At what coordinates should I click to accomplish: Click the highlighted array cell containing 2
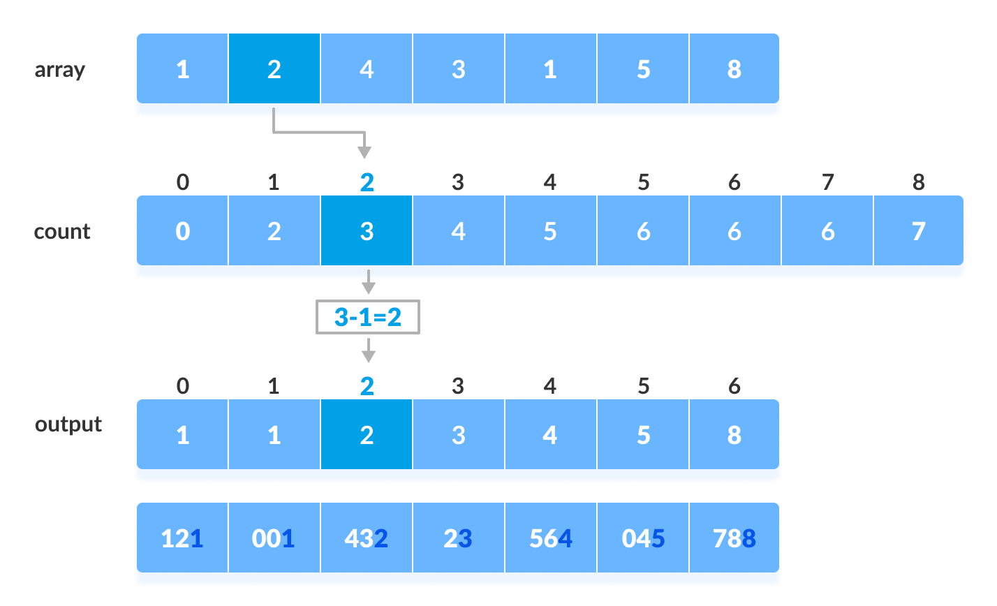pos(274,70)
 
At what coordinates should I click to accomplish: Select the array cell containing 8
pos(734,70)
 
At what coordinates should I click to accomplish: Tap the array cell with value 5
pos(643,70)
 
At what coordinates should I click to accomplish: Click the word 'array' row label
pos(60,70)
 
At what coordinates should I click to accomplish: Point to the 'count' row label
pos(62,232)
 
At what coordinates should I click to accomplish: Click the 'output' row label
pos(68,424)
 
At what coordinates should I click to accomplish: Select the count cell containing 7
pos(919,232)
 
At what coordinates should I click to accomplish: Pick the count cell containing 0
pos(182,232)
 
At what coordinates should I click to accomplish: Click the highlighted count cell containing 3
pos(367,232)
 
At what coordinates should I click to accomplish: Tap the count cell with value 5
pos(550,232)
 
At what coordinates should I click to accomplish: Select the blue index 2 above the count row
pos(367,183)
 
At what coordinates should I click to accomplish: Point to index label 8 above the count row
pos(919,183)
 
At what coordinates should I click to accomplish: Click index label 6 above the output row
pos(734,386)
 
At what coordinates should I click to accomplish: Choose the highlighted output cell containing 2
pos(367,436)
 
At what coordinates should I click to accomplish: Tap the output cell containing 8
pos(734,436)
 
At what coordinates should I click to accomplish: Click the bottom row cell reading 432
pos(367,539)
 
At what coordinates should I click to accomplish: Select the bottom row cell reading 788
pos(734,539)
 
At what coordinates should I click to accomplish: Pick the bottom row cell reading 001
pos(274,539)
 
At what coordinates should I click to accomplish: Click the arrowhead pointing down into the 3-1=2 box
pos(367,288)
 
